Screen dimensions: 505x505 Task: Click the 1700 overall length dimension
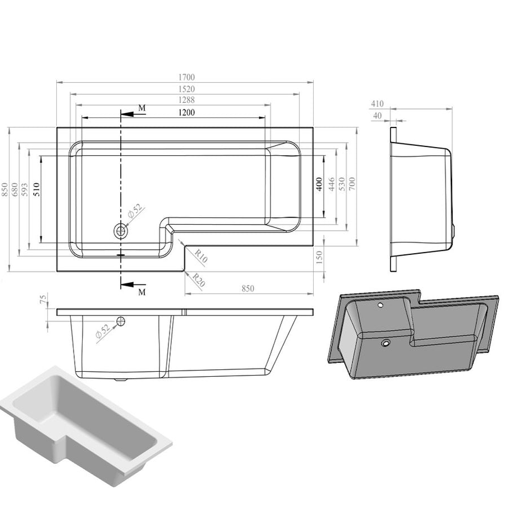point(186,77)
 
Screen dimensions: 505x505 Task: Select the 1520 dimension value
point(186,89)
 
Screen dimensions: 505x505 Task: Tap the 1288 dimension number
point(186,100)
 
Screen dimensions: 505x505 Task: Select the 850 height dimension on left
point(5,189)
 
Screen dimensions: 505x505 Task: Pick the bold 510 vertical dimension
point(37,189)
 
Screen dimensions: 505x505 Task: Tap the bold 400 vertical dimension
point(320,184)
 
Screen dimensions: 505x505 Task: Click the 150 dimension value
point(320,256)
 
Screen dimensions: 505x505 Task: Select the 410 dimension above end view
point(377,104)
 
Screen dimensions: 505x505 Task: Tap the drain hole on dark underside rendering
point(386,343)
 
